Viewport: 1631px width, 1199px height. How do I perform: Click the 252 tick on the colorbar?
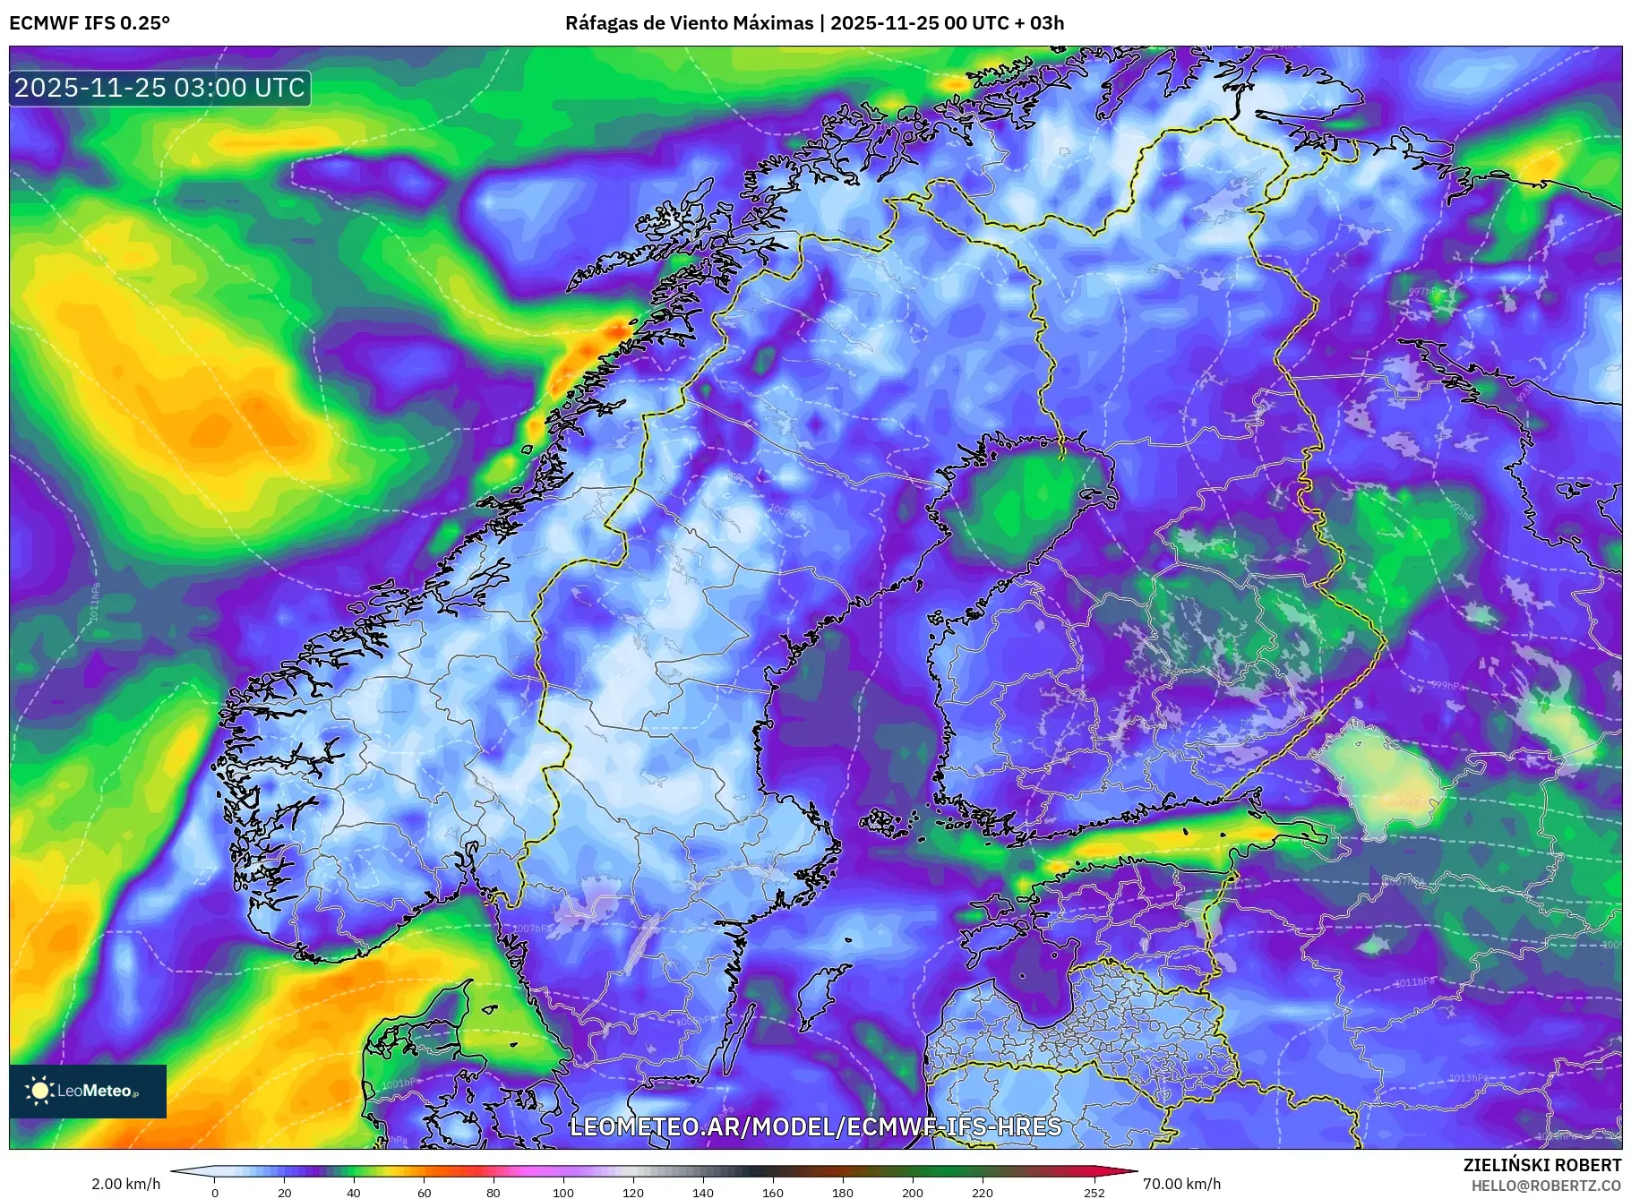(x=1094, y=1192)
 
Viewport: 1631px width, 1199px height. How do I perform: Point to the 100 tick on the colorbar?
(x=563, y=1192)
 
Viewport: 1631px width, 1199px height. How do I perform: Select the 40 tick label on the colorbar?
(x=354, y=1192)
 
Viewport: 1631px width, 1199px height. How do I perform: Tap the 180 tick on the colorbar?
(x=843, y=1192)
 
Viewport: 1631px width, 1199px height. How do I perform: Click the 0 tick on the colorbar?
(x=215, y=1192)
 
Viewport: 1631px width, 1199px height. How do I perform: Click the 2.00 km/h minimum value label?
(x=125, y=1184)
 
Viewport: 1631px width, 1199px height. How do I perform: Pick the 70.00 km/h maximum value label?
(x=1181, y=1184)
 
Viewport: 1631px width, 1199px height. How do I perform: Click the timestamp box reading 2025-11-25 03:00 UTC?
(x=160, y=88)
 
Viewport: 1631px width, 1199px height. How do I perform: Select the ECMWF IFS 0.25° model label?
(x=90, y=23)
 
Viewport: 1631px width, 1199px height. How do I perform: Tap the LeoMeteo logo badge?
(x=88, y=1091)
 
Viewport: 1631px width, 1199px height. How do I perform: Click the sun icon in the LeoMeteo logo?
(x=40, y=1090)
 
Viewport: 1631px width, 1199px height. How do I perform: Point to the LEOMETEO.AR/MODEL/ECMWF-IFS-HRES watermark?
(x=815, y=1126)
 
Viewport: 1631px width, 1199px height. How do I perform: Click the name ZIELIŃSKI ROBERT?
(x=1542, y=1165)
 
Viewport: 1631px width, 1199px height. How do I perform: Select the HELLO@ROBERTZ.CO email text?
(x=1546, y=1186)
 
